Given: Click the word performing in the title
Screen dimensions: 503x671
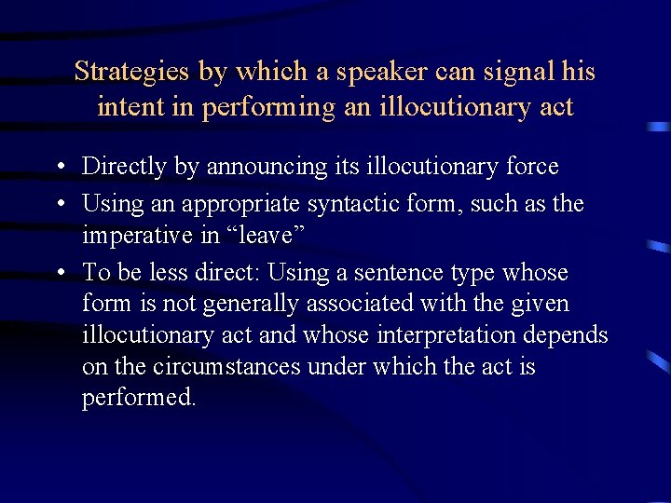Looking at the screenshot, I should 265,108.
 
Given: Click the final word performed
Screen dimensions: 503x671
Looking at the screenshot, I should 139,398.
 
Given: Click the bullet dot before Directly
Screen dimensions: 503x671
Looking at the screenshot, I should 60,168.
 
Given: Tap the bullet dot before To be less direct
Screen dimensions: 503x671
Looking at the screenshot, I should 60,274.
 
